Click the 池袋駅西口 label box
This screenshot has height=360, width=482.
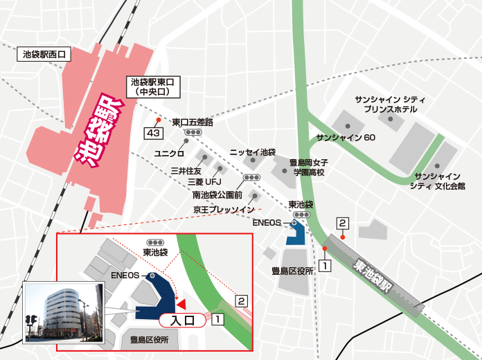[x=44, y=54]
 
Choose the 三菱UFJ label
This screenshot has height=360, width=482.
[x=202, y=182]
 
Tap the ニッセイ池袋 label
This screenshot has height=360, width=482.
[x=253, y=151]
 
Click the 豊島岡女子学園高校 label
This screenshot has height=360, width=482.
[x=308, y=167]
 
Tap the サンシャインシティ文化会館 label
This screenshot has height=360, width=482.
[x=436, y=181]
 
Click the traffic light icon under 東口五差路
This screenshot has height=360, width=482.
[x=193, y=132]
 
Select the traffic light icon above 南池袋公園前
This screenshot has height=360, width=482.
[x=252, y=178]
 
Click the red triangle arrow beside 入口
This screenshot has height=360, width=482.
[x=181, y=304]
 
